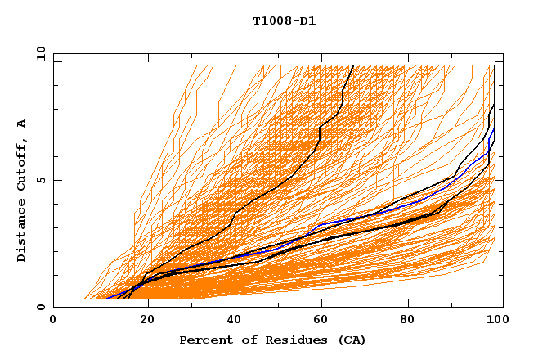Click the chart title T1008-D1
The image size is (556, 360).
click(284, 21)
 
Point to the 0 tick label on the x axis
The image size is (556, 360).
click(53, 321)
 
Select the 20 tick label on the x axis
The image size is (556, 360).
click(143, 321)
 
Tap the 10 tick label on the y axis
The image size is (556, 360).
click(39, 52)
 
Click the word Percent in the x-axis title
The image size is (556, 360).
click(205, 340)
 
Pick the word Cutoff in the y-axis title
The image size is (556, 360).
click(22, 164)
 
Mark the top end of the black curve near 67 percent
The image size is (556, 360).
click(352, 67)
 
